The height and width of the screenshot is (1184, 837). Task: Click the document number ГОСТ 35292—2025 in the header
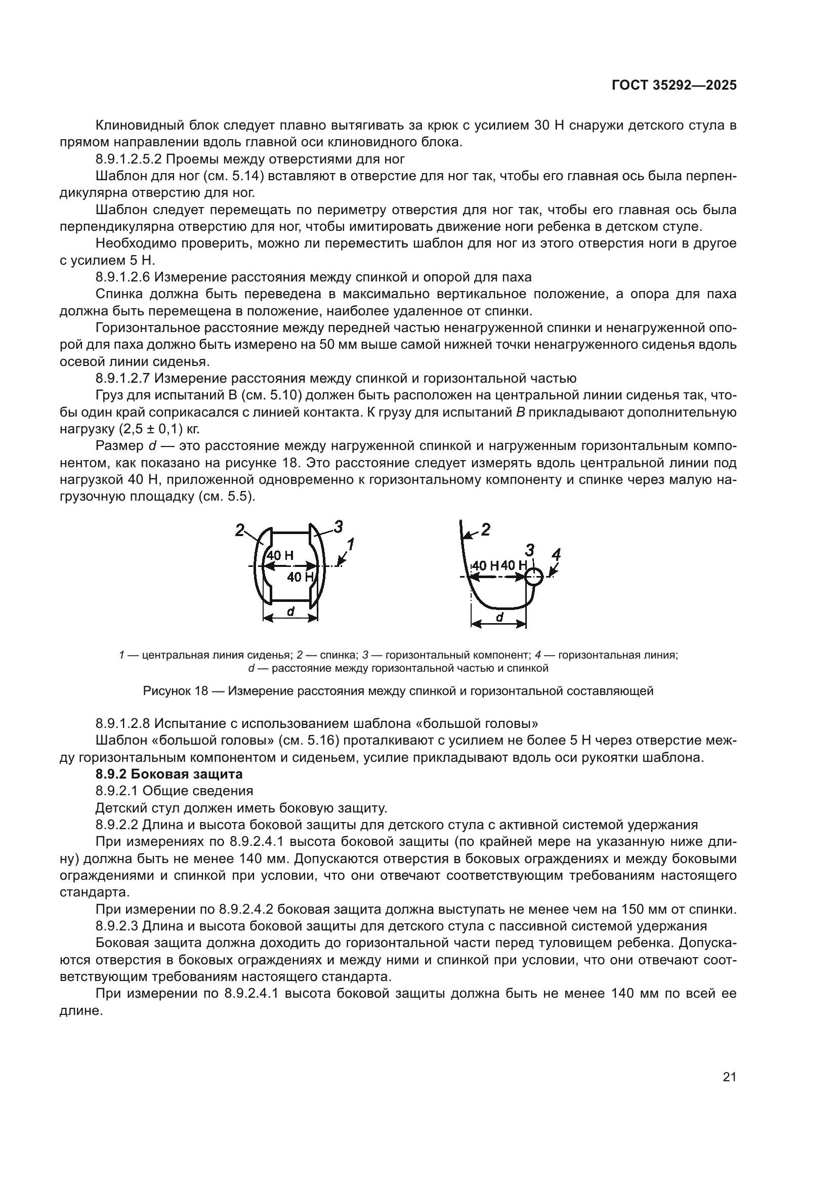tap(674, 86)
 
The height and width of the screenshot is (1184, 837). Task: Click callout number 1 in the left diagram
tap(350, 544)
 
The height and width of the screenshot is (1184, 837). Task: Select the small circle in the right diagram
tap(534, 577)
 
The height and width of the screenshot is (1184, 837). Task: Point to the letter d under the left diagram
tap(290, 611)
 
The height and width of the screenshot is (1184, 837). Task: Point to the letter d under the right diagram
tap(498, 617)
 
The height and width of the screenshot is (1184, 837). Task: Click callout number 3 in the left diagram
tap(338, 526)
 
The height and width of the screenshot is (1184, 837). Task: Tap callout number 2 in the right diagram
tap(485, 529)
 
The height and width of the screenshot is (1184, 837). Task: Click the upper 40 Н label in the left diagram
tap(280, 555)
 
